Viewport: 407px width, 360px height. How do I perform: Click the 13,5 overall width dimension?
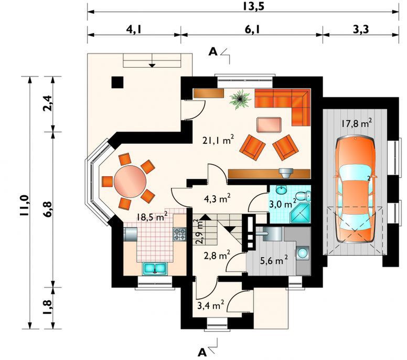[253, 6]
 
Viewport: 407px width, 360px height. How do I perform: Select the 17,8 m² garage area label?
[356, 123]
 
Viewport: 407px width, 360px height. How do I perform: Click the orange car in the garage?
[355, 189]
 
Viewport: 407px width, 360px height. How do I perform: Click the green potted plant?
[240, 99]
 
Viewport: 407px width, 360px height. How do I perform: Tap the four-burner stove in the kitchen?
[179, 234]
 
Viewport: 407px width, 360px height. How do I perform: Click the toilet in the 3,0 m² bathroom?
[303, 196]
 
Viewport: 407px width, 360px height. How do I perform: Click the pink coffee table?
[269, 125]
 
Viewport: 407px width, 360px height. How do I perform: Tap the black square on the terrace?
[117, 82]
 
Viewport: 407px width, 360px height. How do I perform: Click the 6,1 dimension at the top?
[252, 30]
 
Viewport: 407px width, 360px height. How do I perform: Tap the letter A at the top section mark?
[213, 52]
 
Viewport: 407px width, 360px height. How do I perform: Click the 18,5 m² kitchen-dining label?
[152, 217]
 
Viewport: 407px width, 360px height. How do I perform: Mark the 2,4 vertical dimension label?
[48, 103]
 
